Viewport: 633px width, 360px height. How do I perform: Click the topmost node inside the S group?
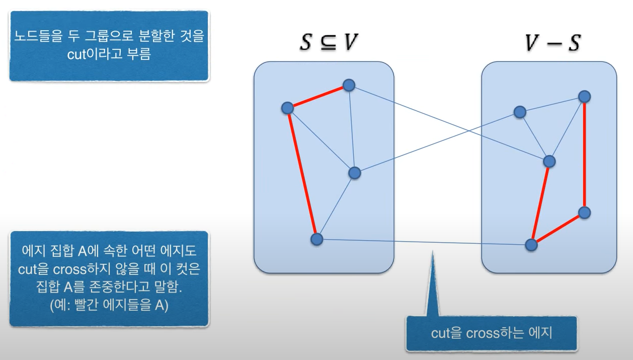(x=348, y=86)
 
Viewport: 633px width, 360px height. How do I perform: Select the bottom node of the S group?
(x=316, y=239)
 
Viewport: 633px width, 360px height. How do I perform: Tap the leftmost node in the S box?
(x=287, y=108)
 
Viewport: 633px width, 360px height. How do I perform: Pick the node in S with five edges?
(x=355, y=173)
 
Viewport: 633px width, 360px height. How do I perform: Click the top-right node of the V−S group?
(x=584, y=96)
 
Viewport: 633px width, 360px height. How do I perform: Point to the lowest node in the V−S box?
(x=531, y=245)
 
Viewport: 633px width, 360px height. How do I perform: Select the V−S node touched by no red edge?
(x=520, y=112)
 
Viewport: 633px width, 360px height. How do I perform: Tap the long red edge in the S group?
(x=301, y=173)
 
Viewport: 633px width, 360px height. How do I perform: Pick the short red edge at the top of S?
(x=318, y=97)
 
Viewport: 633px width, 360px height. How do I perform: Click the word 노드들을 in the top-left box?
(x=36, y=37)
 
